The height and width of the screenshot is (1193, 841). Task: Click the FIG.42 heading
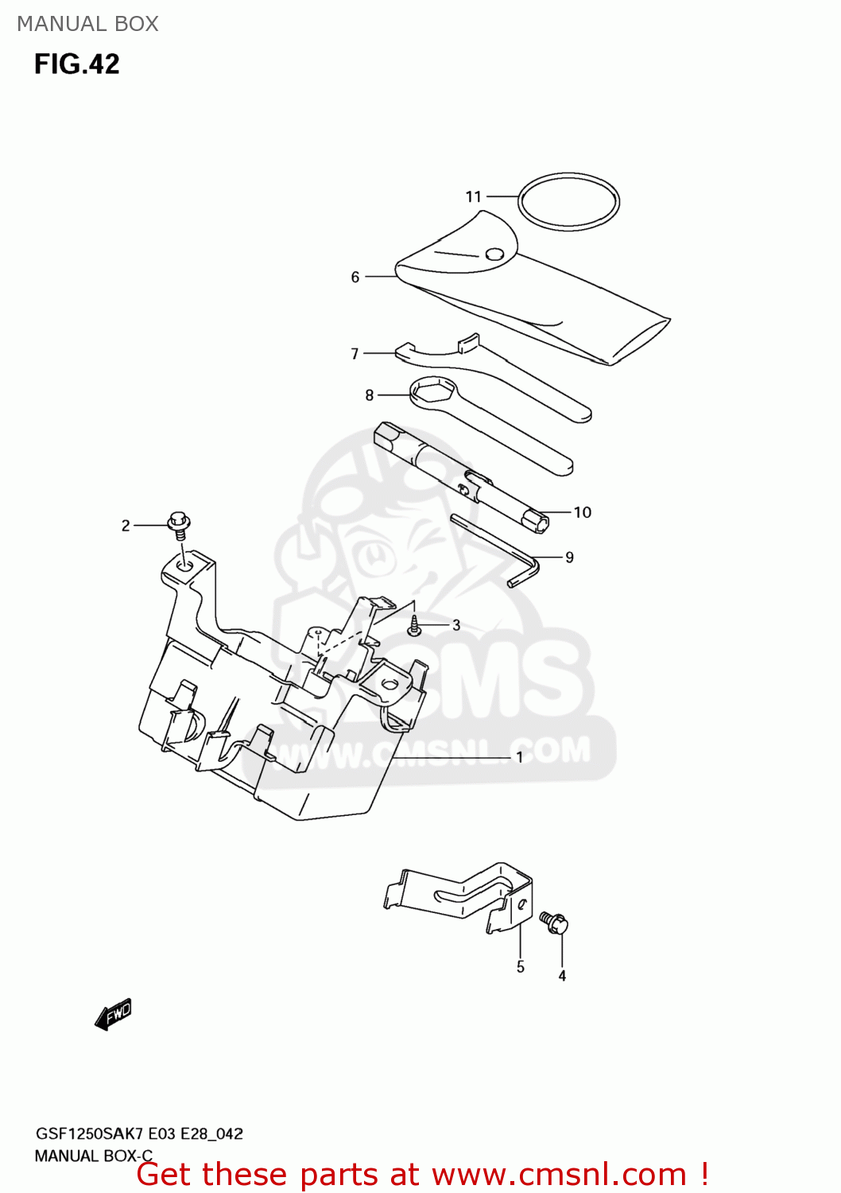[x=76, y=64]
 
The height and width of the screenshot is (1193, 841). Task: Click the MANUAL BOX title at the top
[x=87, y=24]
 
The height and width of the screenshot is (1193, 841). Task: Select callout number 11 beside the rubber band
[x=474, y=196]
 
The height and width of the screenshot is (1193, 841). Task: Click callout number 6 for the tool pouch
[x=355, y=277]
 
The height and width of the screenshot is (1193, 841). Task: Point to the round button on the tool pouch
[x=494, y=255]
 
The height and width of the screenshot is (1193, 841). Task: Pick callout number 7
[x=355, y=353]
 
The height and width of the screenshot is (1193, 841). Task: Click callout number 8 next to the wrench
[x=370, y=395]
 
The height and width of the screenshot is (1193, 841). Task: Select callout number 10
[x=583, y=512]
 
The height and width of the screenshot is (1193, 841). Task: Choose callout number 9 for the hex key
[x=569, y=558]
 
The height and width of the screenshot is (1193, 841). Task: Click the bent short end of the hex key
[x=523, y=577]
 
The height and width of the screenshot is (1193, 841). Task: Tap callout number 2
[x=126, y=526]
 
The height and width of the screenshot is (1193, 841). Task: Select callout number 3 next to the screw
[x=456, y=625]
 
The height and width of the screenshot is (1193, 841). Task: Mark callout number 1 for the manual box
[x=520, y=757]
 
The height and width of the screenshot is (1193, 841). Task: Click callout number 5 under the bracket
[x=521, y=967]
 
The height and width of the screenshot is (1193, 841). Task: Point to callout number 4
[x=562, y=976]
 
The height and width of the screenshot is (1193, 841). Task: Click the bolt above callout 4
[x=554, y=923]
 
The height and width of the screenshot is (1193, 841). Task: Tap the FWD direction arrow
[x=113, y=1014]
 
